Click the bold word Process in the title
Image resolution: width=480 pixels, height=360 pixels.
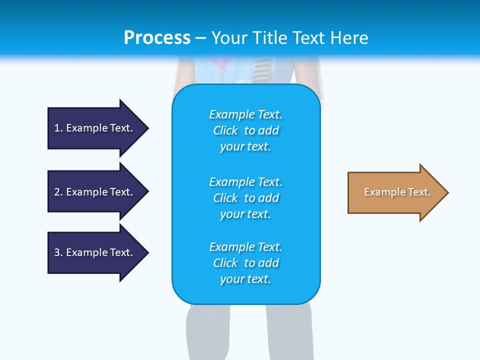[x=157, y=38]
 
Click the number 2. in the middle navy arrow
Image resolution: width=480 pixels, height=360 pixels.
[x=58, y=192]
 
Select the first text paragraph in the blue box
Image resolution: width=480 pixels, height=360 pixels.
[x=245, y=130]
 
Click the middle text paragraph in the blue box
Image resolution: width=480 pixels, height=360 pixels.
[x=245, y=198]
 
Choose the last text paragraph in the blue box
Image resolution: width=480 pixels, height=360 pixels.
[x=245, y=263]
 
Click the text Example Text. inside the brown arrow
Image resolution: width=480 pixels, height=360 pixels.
[x=397, y=192]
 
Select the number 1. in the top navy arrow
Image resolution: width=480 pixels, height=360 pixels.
[x=58, y=128]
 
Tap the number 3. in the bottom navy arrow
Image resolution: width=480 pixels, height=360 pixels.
[x=58, y=252]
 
